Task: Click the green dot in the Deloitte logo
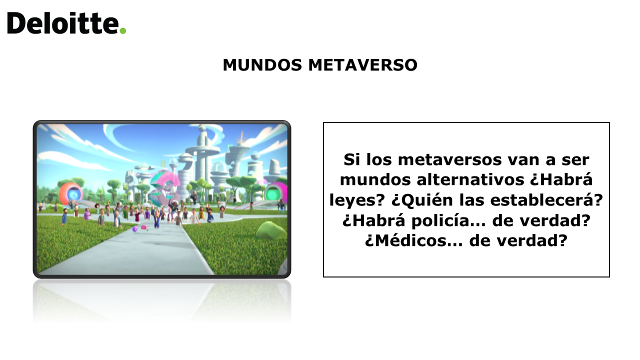point(123,30)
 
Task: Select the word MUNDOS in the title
point(262,65)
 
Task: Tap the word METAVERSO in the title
point(363,65)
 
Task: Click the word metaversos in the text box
point(450,159)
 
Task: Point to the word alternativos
point(470,179)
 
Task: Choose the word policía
point(448,221)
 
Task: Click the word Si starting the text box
point(351,159)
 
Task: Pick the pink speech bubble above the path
point(143,227)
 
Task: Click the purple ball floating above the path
point(135,229)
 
